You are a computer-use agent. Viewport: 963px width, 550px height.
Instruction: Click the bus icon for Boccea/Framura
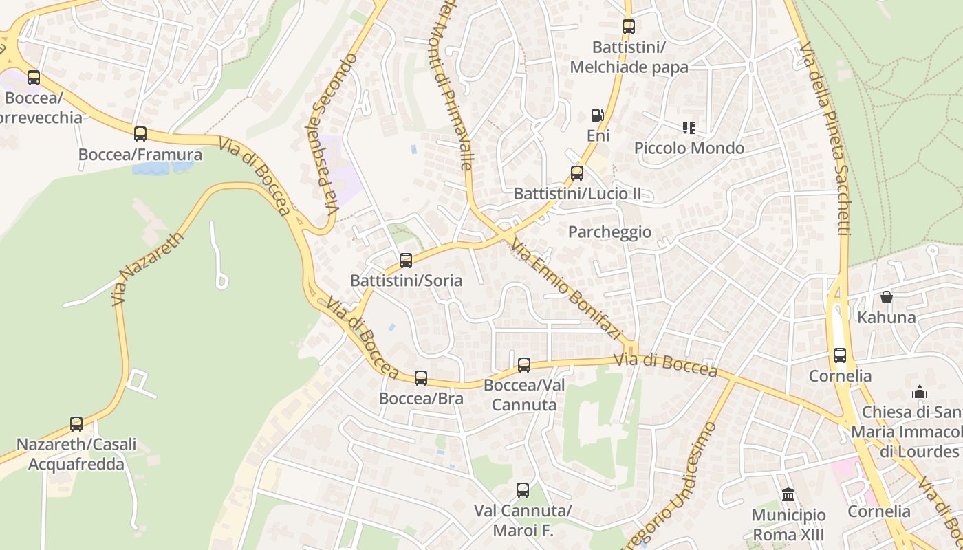pyautogui.click(x=140, y=133)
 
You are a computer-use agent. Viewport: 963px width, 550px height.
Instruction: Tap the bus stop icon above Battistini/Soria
pyautogui.click(x=406, y=260)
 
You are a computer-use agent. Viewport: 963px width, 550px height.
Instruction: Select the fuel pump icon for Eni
pyautogui.click(x=598, y=115)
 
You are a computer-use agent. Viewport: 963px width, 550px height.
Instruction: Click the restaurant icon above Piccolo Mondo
pyautogui.click(x=689, y=127)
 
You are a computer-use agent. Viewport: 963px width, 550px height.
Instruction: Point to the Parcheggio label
pyautogui.click(x=609, y=232)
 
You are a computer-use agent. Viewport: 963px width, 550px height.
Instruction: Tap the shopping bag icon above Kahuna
pyautogui.click(x=887, y=297)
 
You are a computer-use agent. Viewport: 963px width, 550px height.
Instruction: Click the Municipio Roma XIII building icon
pyautogui.click(x=788, y=494)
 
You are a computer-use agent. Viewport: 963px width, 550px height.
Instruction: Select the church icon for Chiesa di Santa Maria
pyautogui.click(x=919, y=392)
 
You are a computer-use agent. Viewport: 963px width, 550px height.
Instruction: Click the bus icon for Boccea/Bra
pyautogui.click(x=421, y=377)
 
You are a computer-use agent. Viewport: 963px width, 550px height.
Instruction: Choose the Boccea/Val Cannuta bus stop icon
pyautogui.click(x=524, y=364)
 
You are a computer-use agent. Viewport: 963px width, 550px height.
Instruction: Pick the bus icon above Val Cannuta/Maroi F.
pyautogui.click(x=523, y=490)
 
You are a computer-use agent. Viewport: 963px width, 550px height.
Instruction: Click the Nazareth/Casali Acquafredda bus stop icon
pyautogui.click(x=76, y=423)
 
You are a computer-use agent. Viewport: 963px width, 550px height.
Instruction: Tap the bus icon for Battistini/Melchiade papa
pyautogui.click(x=629, y=27)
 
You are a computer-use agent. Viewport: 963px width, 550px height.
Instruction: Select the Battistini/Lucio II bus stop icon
pyautogui.click(x=577, y=173)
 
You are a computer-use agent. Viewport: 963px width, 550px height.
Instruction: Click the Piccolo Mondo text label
pyautogui.click(x=689, y=148)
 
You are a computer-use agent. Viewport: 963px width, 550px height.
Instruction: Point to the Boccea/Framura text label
pyautogui.click(x=140, y=155)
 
